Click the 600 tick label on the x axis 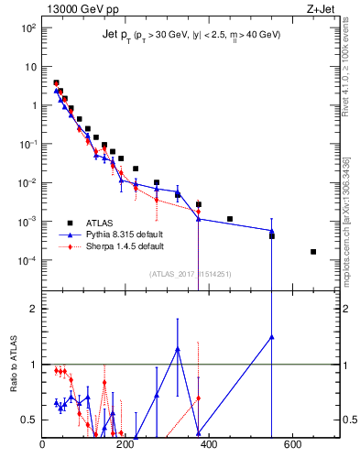click(x=291, y=446)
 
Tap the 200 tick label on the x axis click(x=125, y=446)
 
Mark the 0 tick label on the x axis click(x=42, y=446)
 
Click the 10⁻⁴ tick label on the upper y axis click(x=28, y=260)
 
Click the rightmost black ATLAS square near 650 click(x=313, y=251)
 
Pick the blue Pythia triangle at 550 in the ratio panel click(x=271, y=336)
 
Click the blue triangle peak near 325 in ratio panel click(x=178, y=349)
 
